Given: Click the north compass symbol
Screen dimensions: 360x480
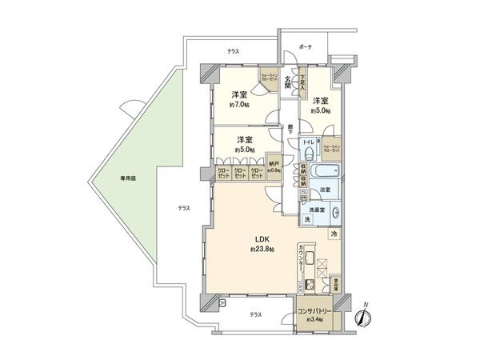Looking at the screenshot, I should (x=362, y=317).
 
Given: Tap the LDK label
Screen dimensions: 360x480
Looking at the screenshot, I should (x=262, y=239).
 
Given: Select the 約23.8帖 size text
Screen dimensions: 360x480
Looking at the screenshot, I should (x=261, y=250).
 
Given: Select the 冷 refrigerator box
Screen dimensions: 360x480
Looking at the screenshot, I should (x=334, y=234).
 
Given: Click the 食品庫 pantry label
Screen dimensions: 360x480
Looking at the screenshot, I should (x=336, y=283).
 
